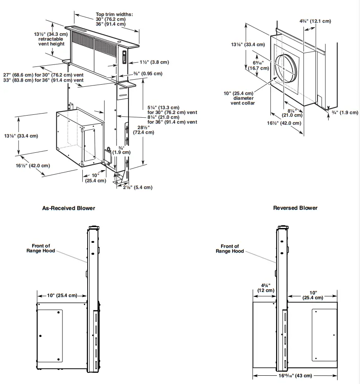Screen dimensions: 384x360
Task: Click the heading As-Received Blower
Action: coord(69,208)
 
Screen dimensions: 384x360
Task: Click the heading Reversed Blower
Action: coord(295,208)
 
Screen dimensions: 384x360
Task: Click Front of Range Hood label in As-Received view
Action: coord(41,248)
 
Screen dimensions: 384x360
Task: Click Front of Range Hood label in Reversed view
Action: coord(230,249)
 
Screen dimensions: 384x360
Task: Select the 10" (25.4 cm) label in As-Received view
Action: coord(62,295)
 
